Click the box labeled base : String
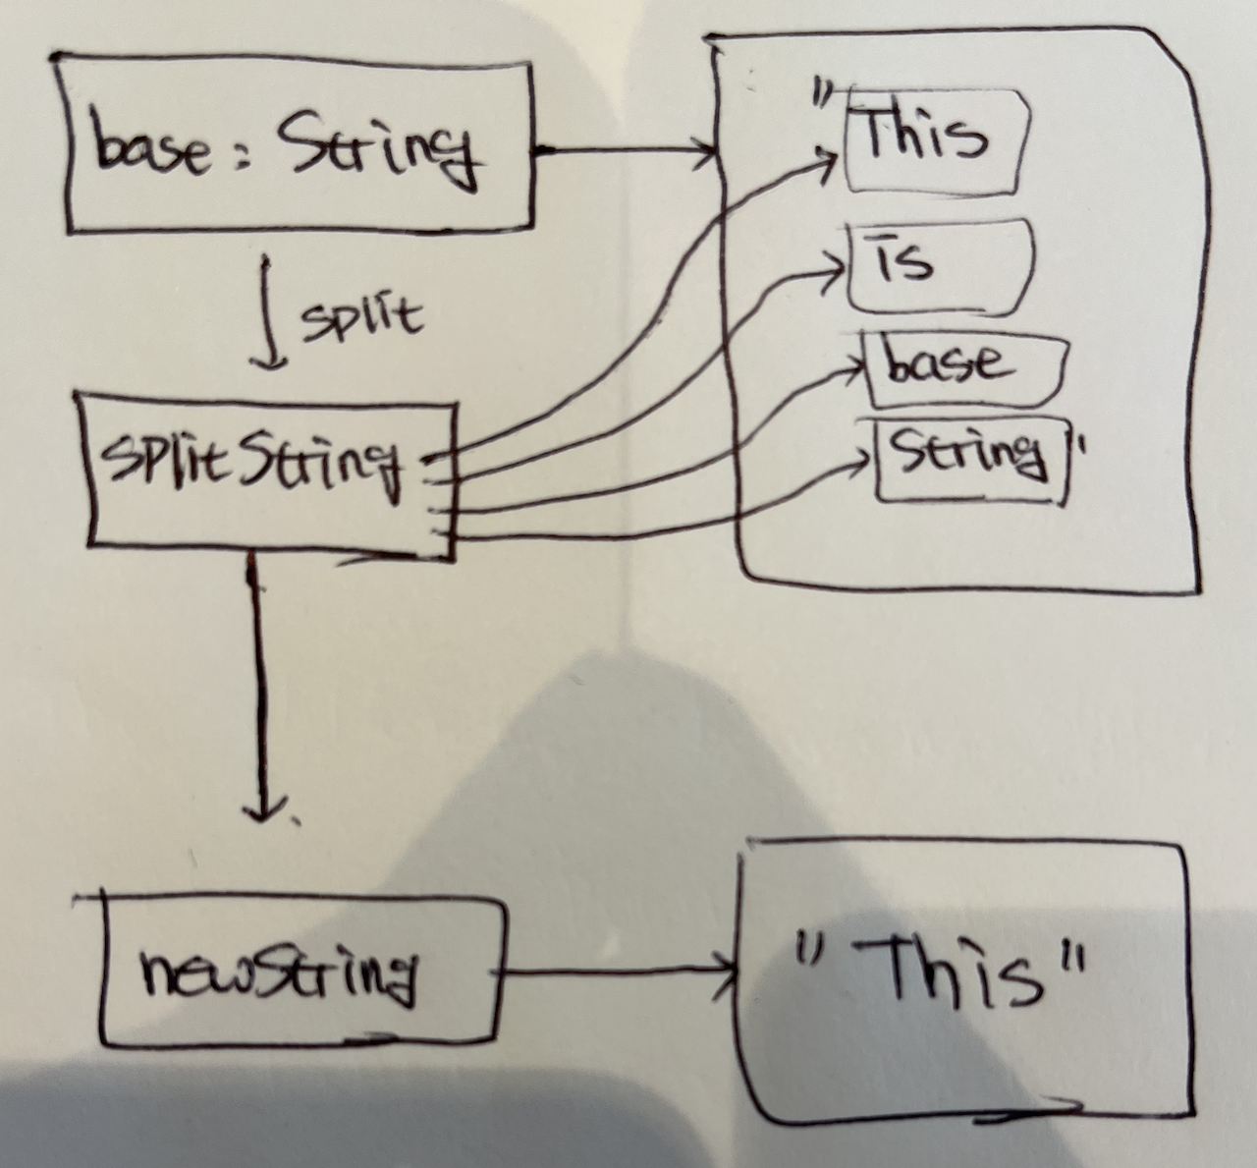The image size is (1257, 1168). coord(300,147)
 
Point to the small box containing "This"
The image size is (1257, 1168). coord(933,142)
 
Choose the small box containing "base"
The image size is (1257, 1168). coord(962,368)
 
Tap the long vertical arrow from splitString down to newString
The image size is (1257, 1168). coord(260,688)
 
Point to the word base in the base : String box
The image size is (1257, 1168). coord(152,152)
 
